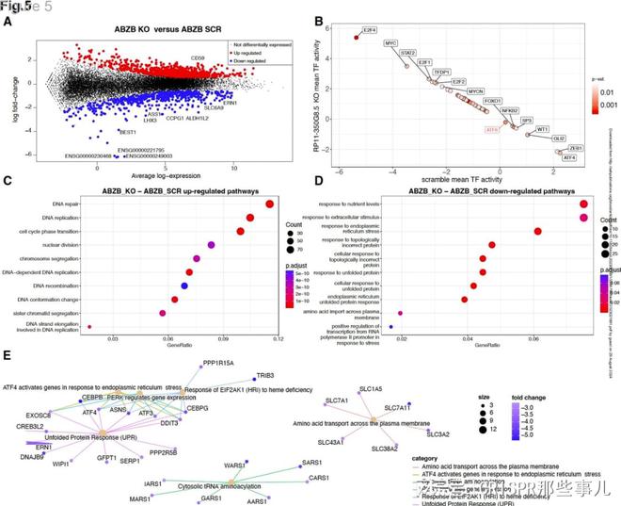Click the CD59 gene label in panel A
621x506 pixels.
coord(198,58)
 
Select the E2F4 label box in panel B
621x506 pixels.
coord(370,30)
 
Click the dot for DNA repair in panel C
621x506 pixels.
coord(270,203)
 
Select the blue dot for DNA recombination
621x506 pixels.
coord(184,285)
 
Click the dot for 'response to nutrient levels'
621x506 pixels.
coord(584,203)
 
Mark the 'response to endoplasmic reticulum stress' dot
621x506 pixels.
coord(537,230)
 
